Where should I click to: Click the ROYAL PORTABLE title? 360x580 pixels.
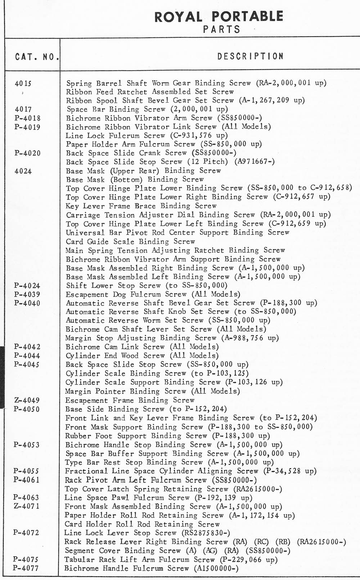[x=219, y=17]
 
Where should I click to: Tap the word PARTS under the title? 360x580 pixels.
[x=221, y=30]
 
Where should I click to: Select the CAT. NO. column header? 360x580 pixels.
[x=37, y=57]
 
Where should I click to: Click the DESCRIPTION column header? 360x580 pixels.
[x=250, y=57]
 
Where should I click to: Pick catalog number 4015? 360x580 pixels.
[x=23, y=84]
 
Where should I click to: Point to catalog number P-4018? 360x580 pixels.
[x=28, y=118]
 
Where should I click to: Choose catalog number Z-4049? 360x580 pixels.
[x=27, y=400]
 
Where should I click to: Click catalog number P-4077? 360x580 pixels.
[x=26, y=568]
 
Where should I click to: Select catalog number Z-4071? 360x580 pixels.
[x=27, y=506]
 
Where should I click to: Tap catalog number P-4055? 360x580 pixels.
[x=26, y=471]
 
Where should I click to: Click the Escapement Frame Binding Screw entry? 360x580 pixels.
[x=130, y=400]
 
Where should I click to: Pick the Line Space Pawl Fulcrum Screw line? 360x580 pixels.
[x=127, y=498]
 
